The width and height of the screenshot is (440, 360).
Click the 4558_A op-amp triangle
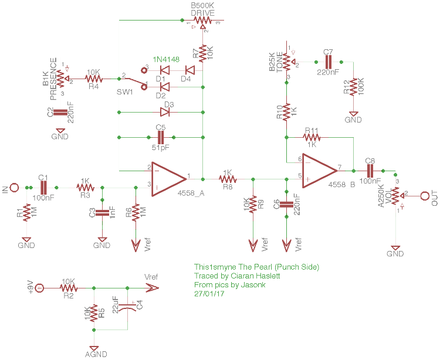tap(168, 176)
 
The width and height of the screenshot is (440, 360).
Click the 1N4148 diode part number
tap(167, 60)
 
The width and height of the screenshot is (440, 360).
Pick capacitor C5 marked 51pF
tap(160, 137)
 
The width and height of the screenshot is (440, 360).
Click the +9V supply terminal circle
tap(39, 288)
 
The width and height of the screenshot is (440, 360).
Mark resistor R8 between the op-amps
tap(227, 176)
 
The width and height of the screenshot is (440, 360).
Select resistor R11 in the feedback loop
tap(312, 138)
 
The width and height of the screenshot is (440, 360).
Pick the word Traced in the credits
tap(205, 276)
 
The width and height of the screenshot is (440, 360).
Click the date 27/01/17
tap(209, 293)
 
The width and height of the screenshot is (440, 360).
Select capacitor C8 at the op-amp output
tap(370, 171)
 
